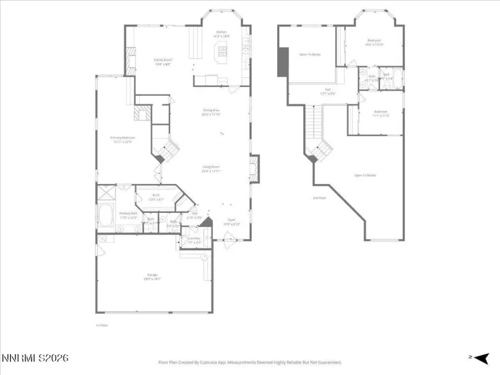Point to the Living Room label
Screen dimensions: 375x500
(x=212, y=169)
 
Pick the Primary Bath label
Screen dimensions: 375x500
(x=128, y=215)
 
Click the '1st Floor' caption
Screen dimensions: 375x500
(x=103, y=325)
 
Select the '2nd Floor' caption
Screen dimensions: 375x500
(x=319, y=198)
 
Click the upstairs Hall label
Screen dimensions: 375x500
(x=328, y=90)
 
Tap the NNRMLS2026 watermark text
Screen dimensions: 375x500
(x=35, y=359)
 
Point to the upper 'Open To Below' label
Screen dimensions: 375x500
(x=309, y=54)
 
